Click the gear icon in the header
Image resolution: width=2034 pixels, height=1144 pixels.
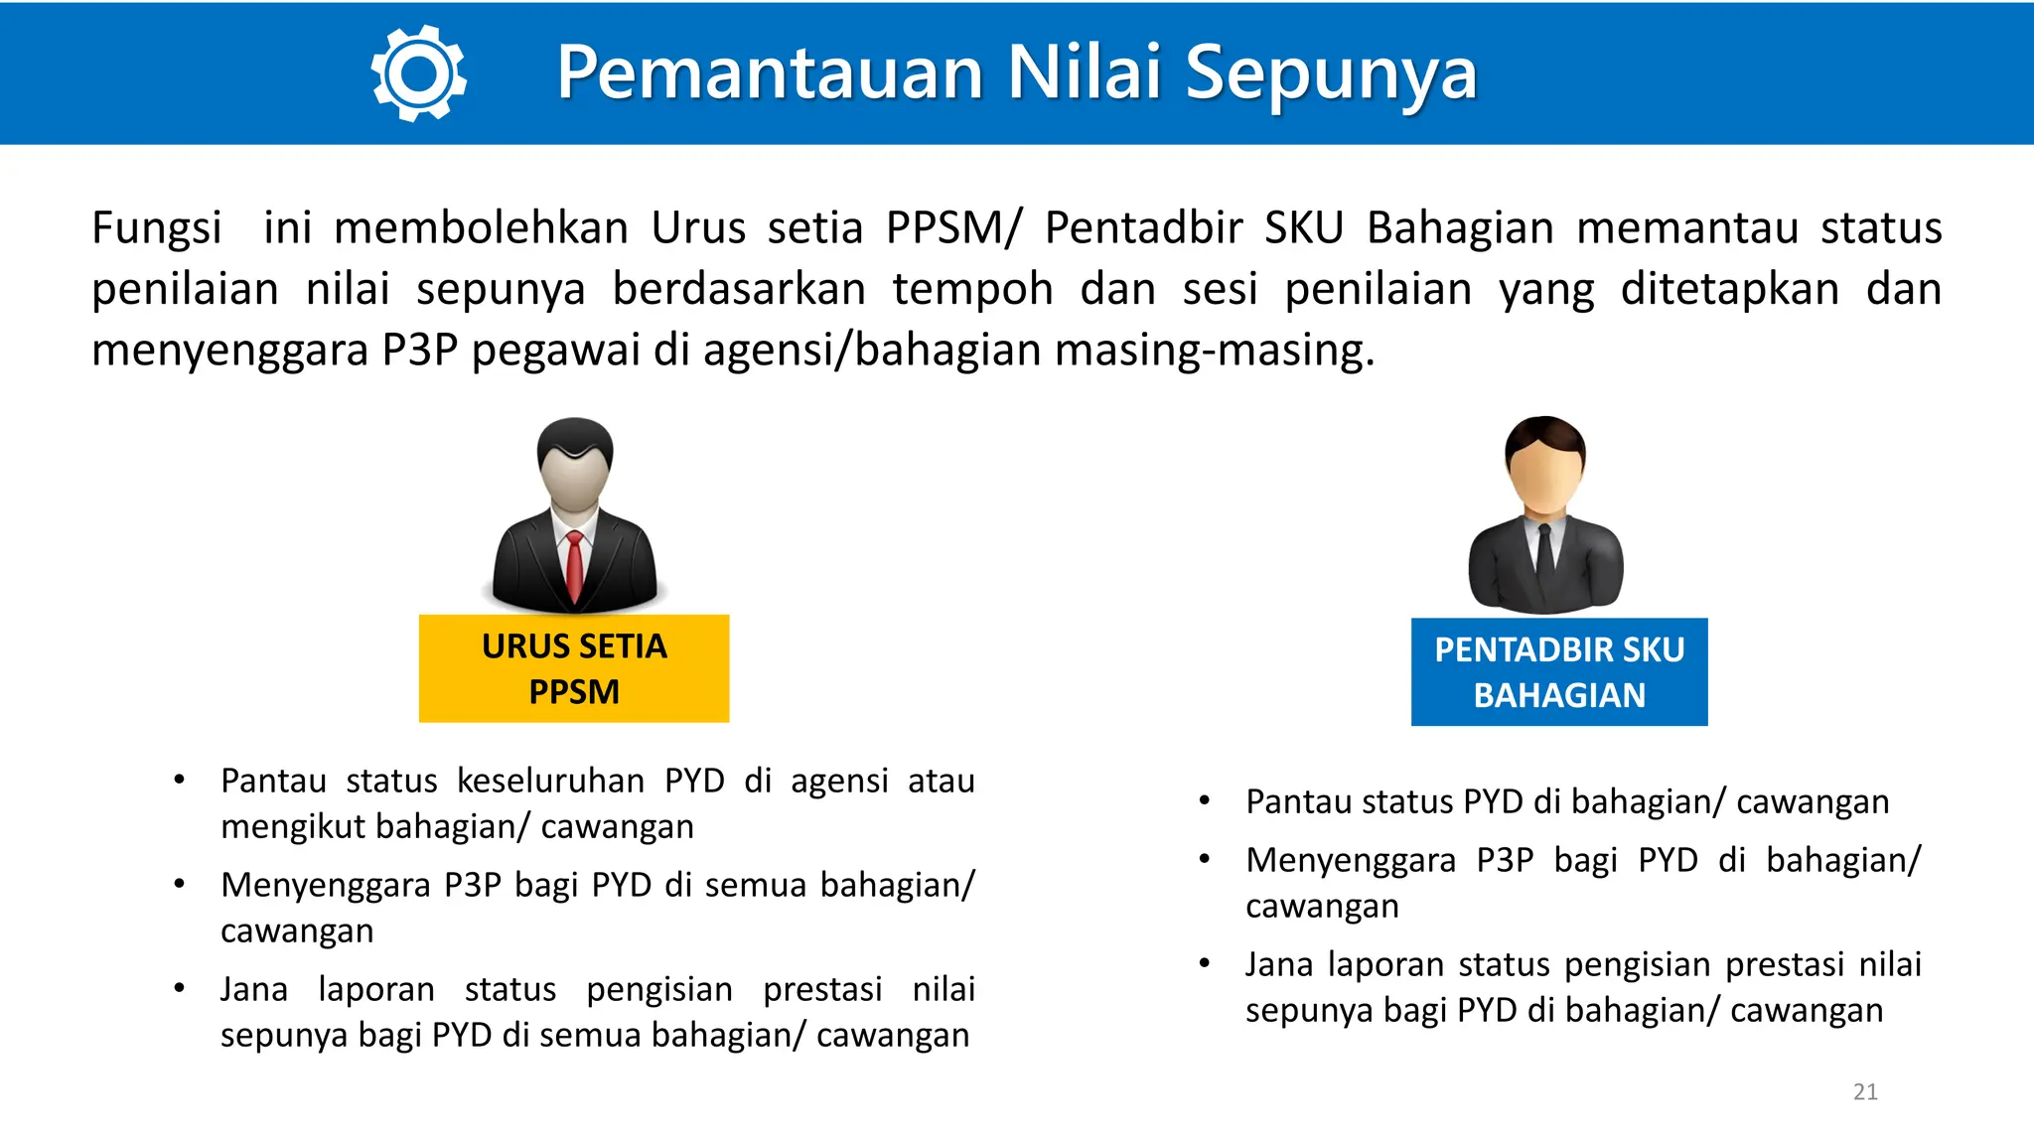pos(418,73)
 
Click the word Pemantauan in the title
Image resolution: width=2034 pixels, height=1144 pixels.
pos(770,73)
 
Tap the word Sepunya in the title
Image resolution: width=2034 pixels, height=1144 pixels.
pos(1331,73)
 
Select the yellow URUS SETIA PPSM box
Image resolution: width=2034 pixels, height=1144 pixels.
pos(574,668)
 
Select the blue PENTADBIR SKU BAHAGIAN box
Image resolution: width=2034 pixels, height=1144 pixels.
pos(1559,672)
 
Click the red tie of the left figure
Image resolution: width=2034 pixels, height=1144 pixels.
pos(574,566)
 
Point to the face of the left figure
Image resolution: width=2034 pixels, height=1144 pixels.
pos(574,481)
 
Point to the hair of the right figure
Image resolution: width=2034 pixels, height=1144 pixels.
pos(1545,435)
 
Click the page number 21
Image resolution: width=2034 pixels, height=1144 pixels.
pos(1865,1091)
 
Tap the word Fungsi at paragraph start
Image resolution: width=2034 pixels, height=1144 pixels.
pos(156,228)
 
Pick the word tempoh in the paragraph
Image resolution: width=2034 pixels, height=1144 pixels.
pos(972,290)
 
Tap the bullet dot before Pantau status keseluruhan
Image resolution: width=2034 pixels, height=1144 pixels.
pos(179,781)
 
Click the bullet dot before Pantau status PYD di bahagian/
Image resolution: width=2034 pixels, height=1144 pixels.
pos(1204,800)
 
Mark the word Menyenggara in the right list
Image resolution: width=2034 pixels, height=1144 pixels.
pos(1351,860)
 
